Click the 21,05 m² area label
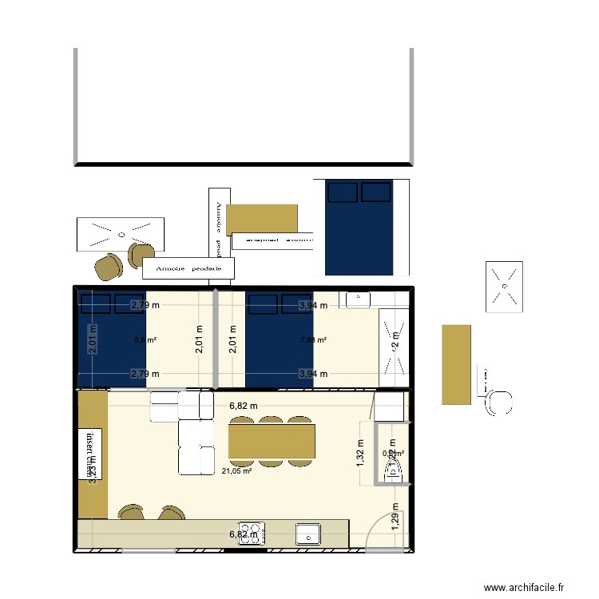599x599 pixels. pyautogui.click(x=236, y=471)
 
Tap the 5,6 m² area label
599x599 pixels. pyautogui.click(x=145, y=340)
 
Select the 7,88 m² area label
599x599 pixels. pyautogui.click(x=313, y=340)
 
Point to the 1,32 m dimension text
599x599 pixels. pyautogui.click(x=359, y=456)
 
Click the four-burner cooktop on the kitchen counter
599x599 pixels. pyautogui.click(x=253, y=533)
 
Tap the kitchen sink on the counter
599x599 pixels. pyautogui.click(x=308, y=533)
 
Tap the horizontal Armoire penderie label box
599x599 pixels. pyautogui.click(x=188, y=269)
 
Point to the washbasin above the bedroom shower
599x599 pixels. pyautogui.click(x=357, y=299)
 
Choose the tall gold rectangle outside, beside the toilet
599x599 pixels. pyautogui.click(x=456, y=363)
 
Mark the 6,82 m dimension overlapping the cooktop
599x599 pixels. pyautogui.click(x=244, y=534)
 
